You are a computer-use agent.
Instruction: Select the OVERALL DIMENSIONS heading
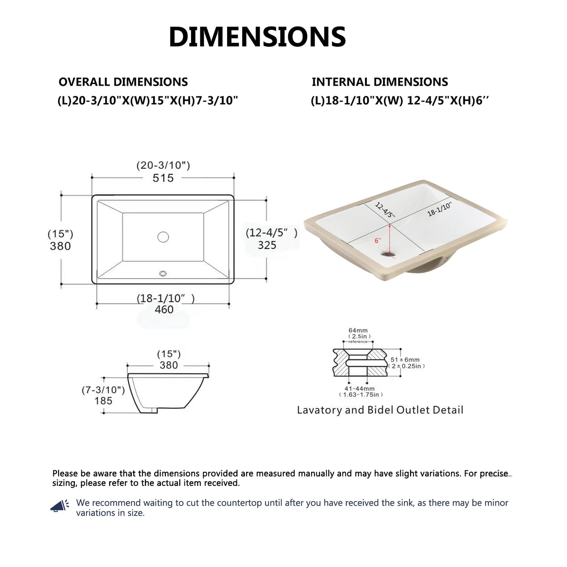(x=123, y=82)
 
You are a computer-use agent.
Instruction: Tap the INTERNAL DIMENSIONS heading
(x=379, y=82)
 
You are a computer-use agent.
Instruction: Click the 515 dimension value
(x=163, y=178)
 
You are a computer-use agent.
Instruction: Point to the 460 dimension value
(x=164, y=310)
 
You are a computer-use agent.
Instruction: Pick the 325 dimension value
(x=267, y=245)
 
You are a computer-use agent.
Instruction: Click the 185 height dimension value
(x=103, y=401)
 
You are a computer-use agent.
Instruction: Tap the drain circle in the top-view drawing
(x=163, y=237)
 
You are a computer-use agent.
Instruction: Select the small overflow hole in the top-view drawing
(x=163, y=273)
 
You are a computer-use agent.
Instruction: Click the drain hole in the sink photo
(x=389, y=255)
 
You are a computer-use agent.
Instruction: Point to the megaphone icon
(x=60, y=506)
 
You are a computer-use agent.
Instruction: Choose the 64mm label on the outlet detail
(x=358, y=331)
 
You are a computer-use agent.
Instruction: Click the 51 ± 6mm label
(x=405, y=359)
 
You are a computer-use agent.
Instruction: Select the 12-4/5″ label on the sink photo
(x=385, y=210)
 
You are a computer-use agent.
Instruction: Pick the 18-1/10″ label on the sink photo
(x=439, y=209)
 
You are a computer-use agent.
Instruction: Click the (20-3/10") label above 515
(x=163, y=166)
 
